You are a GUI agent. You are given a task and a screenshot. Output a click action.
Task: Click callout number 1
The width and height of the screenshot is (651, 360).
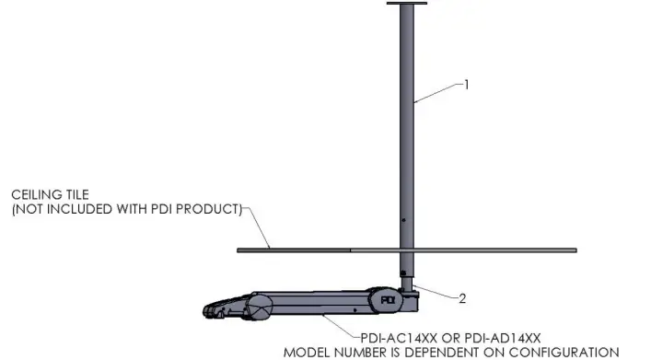pyautogui.click(x=466, y=86)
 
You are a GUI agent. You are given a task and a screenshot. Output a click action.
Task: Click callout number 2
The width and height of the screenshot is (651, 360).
pyautogui.click(x=463, y=298)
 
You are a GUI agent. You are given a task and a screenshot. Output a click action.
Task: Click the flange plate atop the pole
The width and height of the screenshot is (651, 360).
pyautogui.click(x=406, y=6)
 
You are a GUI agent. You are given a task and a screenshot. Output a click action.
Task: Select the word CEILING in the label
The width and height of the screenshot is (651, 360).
pyautogui.click(x=37, y=196)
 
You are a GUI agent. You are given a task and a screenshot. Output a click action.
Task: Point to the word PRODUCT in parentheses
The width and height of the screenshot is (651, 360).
pyautogui.click(x=207, y=209)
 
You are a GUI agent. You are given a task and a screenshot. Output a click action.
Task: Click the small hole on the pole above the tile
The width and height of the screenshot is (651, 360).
pyautogui.click(x=403, y=220)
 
